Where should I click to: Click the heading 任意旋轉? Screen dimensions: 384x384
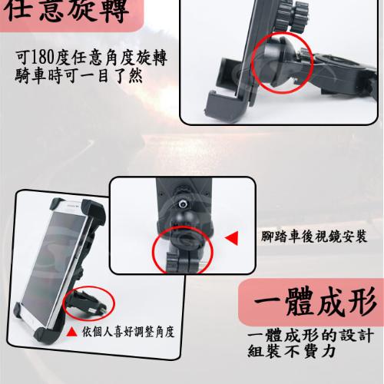[x=67, y=11]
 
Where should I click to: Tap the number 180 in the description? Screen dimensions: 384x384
[x=42, y=58]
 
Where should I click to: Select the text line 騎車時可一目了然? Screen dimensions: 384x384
[x=78, y=76]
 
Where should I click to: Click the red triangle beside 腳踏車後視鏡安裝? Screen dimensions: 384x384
[x=232, y=238]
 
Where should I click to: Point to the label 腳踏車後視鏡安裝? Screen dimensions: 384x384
[x=314, y=237]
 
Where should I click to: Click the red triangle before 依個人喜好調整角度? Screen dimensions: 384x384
[x=71, y=332]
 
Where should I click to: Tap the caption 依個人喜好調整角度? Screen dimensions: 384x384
[x=128, y=332]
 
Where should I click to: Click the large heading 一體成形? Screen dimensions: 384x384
[x=315, y=302]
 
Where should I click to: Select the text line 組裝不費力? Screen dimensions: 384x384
[x=292, y=351]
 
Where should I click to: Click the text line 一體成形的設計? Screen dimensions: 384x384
[x=311, y=336]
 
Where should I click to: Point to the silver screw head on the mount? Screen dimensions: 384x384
[x=183, y=204]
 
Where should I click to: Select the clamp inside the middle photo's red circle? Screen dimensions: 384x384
[x=183, y=251]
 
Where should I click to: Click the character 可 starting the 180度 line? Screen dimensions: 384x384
[x=22, y=58]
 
